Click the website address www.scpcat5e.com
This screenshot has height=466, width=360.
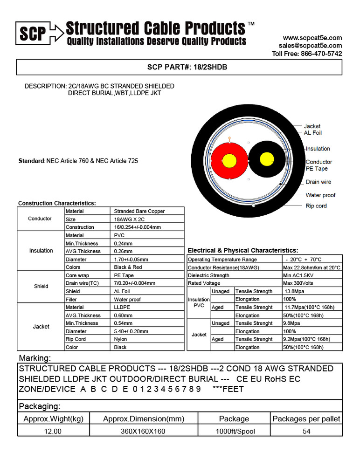click(312, 38)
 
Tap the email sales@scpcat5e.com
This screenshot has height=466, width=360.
click(310, 46)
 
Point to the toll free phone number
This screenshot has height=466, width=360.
click(307, 54)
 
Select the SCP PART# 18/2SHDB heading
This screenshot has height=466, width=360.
click(180, 67)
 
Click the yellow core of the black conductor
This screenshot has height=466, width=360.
click(267, 159)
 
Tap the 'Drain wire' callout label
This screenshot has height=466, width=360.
click(318, 182)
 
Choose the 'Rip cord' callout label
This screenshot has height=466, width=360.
click(316, 206)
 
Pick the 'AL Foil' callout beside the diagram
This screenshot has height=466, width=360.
click(313, 133)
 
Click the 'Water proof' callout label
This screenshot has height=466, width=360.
click(320, 195)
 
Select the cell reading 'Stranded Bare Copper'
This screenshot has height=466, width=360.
click(139, 211)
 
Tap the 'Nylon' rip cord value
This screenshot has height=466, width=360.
click(120, 339)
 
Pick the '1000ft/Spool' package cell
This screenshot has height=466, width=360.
click(235, 431)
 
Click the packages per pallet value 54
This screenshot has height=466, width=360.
click(306, 431)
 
